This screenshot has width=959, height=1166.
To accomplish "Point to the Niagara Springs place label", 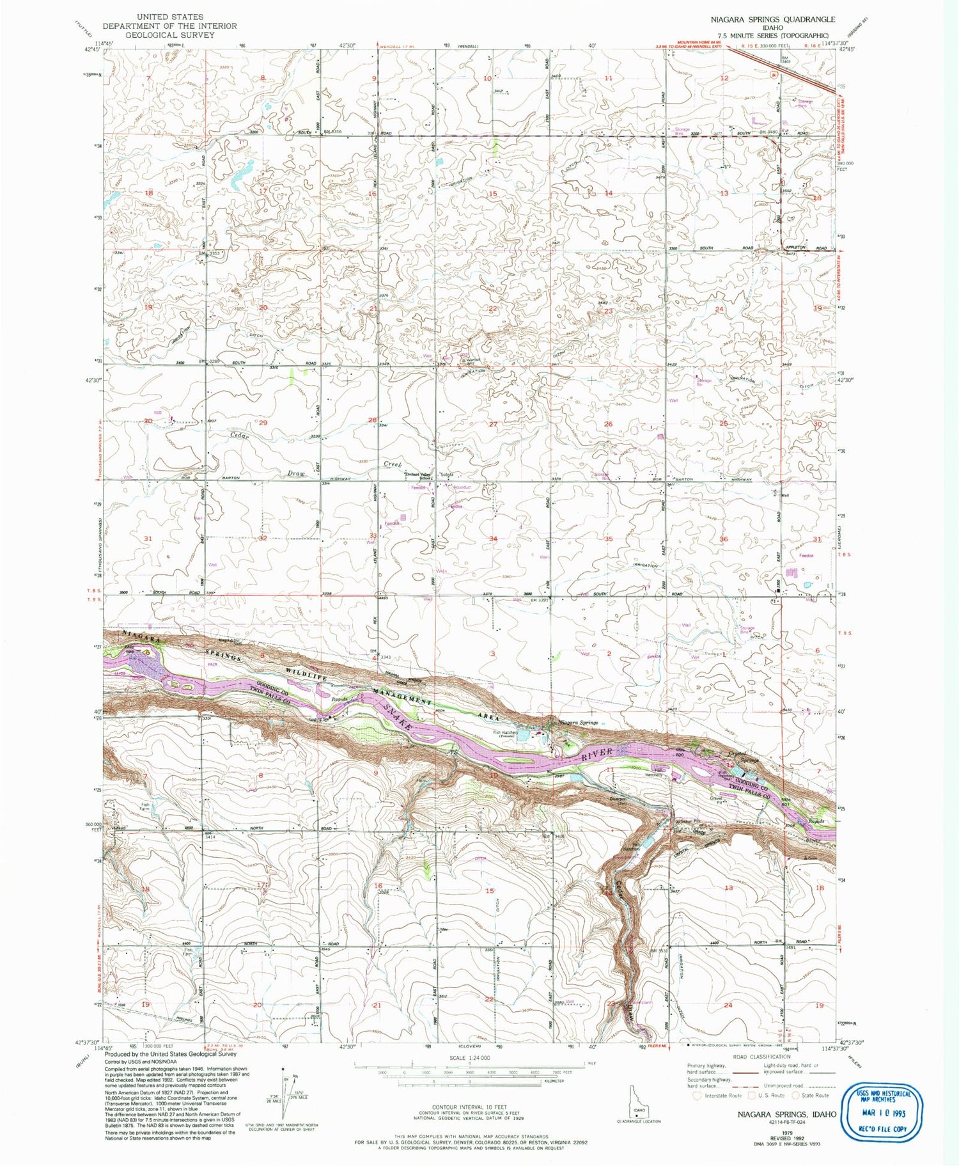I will point(578,723).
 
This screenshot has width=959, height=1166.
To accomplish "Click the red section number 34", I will point(493,539).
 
